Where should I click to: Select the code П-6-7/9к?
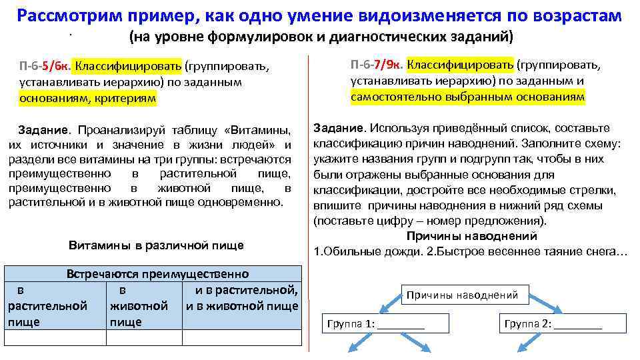point(377,65)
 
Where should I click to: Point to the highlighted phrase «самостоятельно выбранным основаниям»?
point(467,97)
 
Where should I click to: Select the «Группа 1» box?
point(375,324)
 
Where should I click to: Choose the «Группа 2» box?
point(553,324)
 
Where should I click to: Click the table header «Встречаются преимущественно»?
point(157,274)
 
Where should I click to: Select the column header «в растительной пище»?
point(47,306)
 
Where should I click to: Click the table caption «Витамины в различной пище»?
point(156,245)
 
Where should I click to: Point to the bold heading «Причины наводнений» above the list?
point(471,236)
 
